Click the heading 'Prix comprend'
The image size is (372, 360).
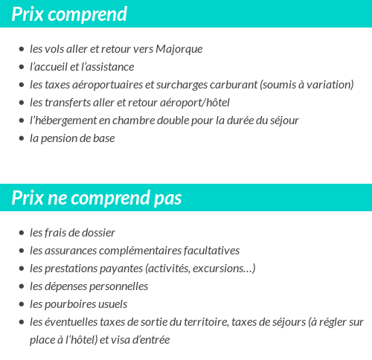[69, 14]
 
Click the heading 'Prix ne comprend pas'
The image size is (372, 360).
[97, 199]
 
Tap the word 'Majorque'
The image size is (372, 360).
[179, 49]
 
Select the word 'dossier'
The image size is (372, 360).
[98, 233]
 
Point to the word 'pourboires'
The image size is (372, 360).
[71, 304]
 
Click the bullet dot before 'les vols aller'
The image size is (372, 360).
[21, 50]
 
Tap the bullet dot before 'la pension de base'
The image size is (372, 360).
[21, 139]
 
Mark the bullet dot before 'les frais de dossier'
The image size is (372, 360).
[21, 234]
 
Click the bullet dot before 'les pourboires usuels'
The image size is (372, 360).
[21, 305]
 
